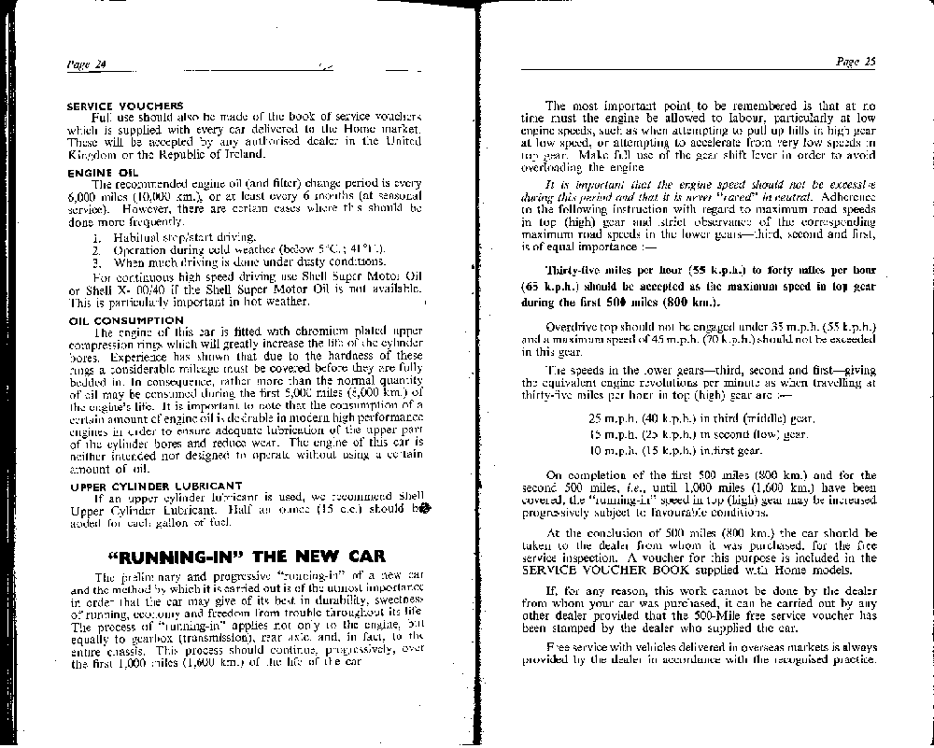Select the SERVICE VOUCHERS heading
[124, 106]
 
